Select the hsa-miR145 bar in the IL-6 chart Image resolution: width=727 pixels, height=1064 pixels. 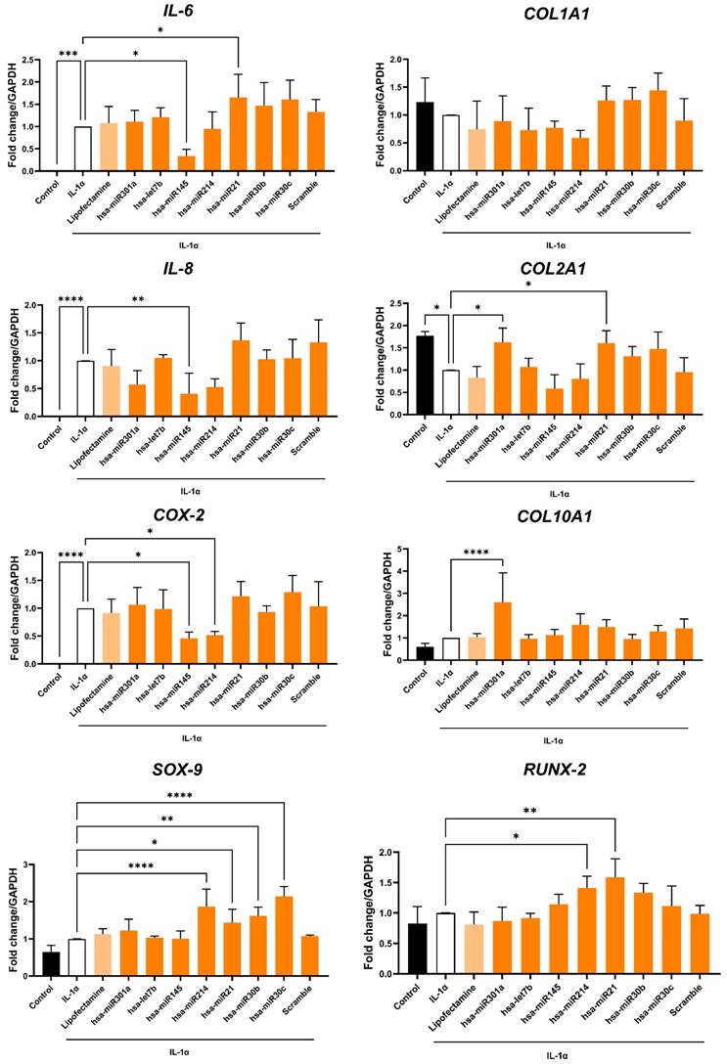click(186, 163)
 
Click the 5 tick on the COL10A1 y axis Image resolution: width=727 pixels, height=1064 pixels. click(401, 547)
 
